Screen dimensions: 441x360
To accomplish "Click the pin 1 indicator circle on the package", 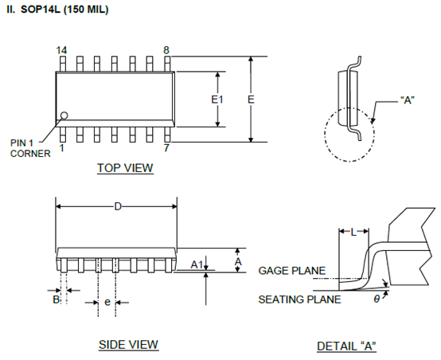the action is click(x=64, y=115).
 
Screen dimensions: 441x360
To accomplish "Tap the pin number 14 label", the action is click(x=61, y=50).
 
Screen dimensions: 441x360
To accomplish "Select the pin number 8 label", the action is click(x=166, y=50).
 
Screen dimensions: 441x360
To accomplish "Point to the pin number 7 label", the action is click(x=166, y=148).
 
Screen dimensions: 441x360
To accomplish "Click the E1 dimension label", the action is click(x=217, y=100).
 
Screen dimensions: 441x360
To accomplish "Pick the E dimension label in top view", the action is click(x=251, y=100).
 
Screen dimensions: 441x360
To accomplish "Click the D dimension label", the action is click(x=118, y=206).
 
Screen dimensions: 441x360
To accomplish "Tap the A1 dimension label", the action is click(x=197, y=264).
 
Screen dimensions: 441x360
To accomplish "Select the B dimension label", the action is click(x=57, y=299).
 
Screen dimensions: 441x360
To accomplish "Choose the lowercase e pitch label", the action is click(x=107, y=302).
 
